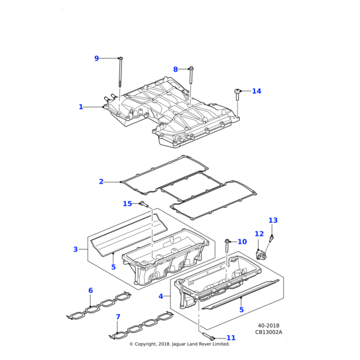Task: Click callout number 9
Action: point(97,58)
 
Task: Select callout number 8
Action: point(176,70)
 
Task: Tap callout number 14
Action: point(257,91)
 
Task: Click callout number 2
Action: point(101,181)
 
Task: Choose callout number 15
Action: point(127,204)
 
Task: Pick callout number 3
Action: point(92,249)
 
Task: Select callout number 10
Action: point(242,242)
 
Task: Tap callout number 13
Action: point(273,220)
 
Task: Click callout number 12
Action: point(259,234)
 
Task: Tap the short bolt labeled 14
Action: point(238,95)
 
